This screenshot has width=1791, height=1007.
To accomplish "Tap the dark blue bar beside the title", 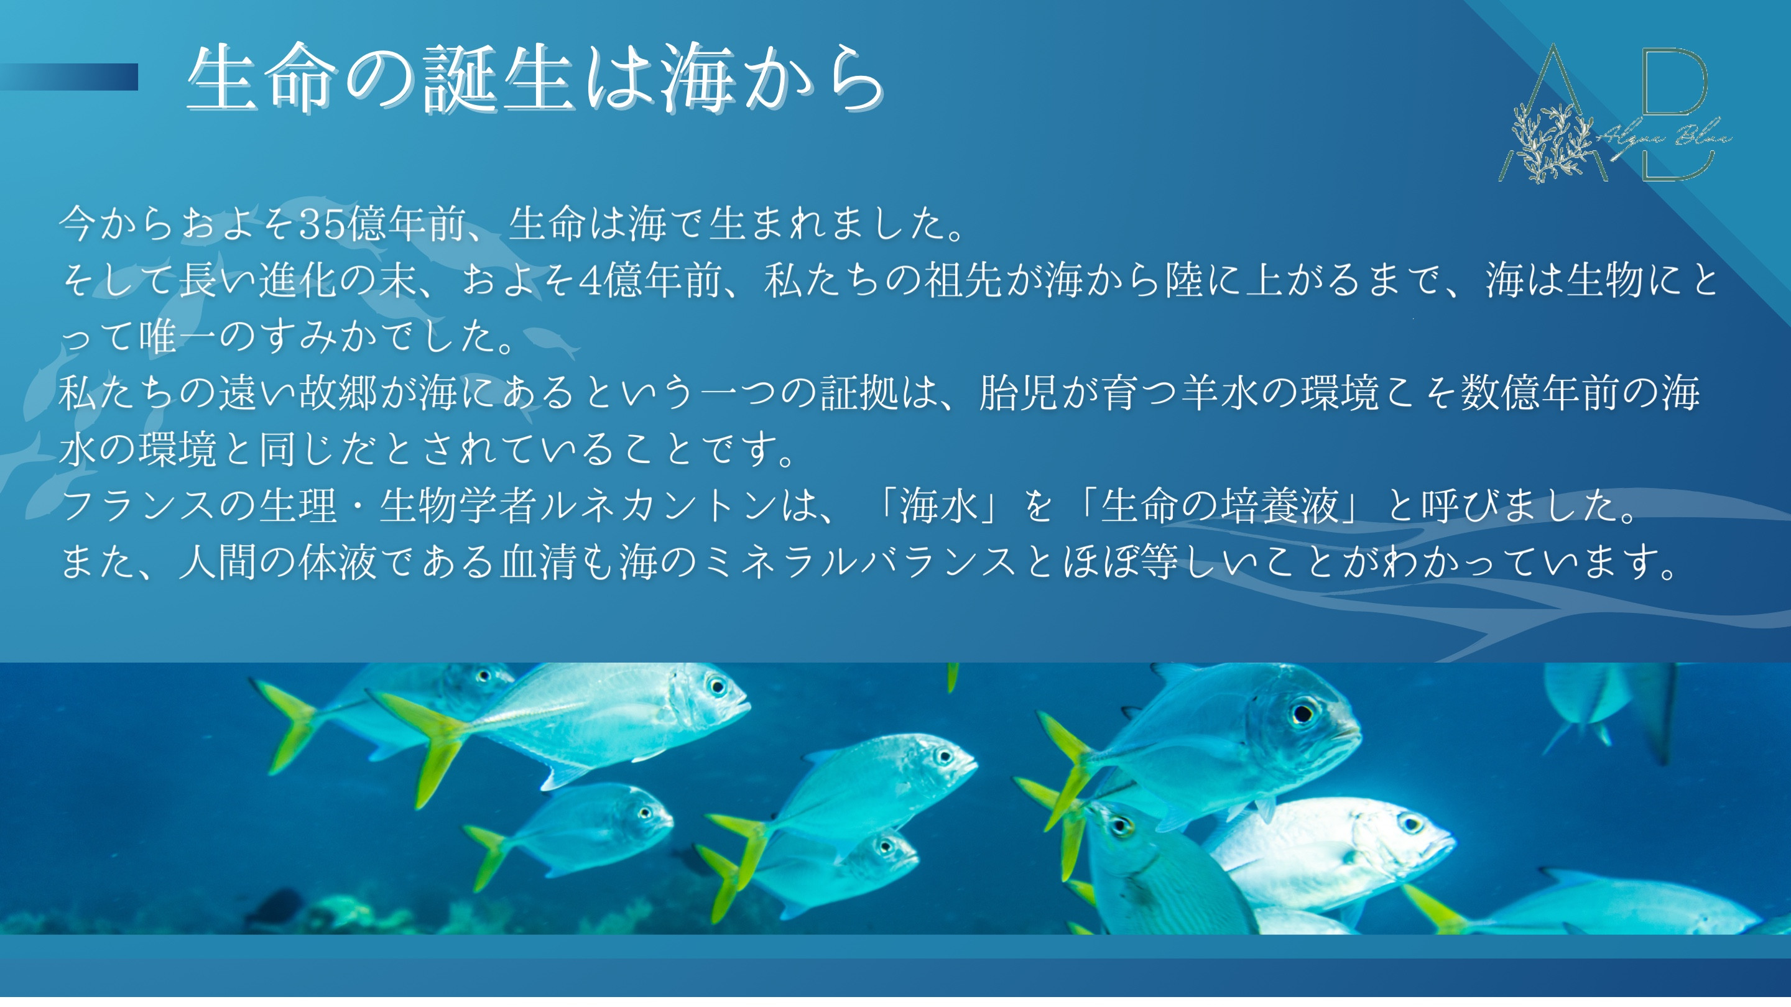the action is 69,77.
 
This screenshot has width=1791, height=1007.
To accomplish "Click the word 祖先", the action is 963,281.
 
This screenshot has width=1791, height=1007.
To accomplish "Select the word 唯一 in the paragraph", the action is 178,337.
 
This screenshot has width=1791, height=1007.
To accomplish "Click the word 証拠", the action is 860,393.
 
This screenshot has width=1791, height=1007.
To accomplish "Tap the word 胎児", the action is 1019,393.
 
